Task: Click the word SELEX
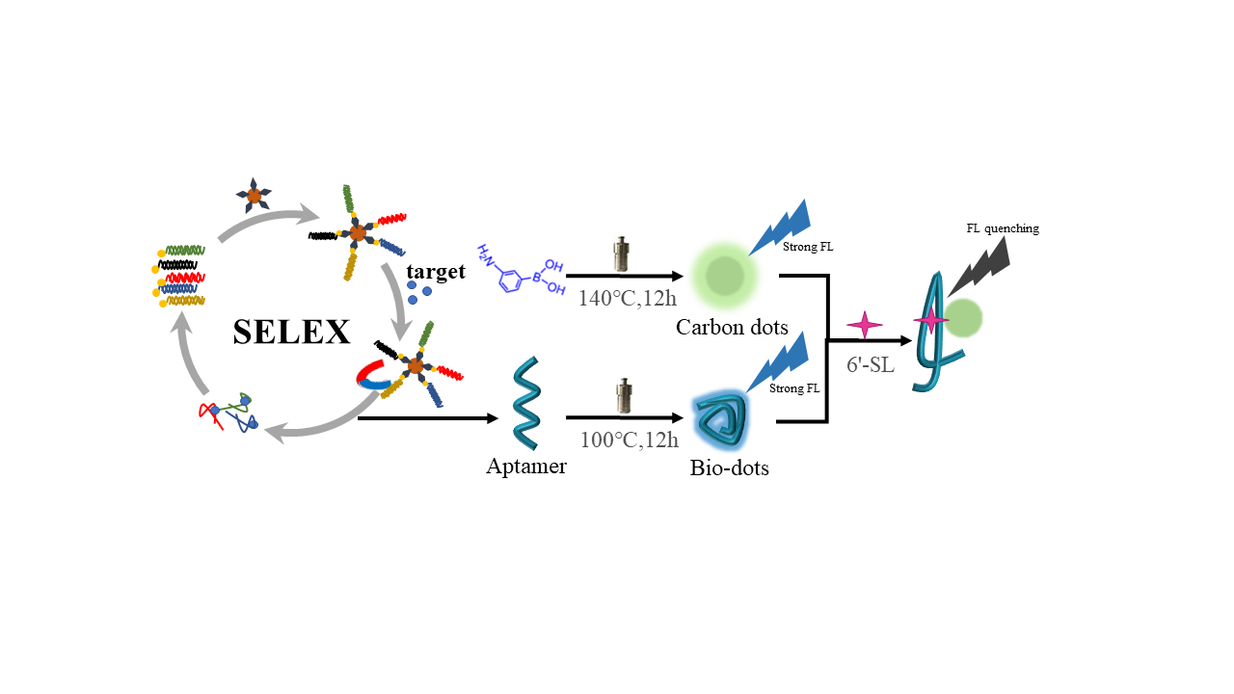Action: point(291,332)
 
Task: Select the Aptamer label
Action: point(526,467)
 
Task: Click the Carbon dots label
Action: point(732,327)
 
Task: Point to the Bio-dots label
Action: point(730,469)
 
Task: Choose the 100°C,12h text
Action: point(629,440)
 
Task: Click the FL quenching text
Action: point(1003,228)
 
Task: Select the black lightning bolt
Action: point(981,265)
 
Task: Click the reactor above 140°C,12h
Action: point(620,254)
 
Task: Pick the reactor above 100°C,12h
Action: point(621,395)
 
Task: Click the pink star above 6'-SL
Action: point(864,325)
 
